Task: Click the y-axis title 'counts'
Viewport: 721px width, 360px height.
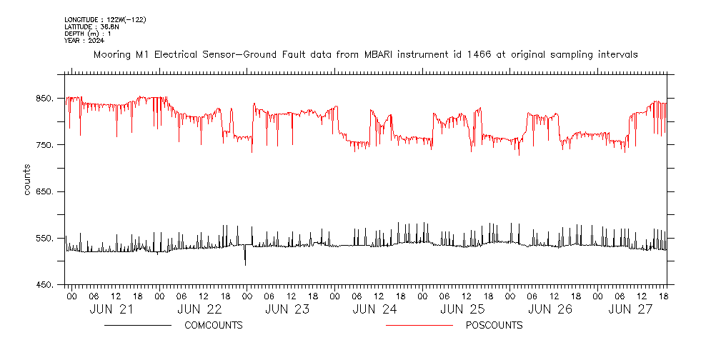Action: tap(27, 179)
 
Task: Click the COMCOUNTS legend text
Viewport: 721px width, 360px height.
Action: tap(214, 326)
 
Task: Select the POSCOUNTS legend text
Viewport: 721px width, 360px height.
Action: tap(494, 326)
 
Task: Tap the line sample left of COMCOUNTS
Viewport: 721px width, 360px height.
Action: tap(137, 326)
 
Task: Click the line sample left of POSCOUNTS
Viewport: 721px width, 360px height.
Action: tap(419, 326)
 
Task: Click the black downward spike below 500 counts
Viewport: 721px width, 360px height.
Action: tap(245, 260)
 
